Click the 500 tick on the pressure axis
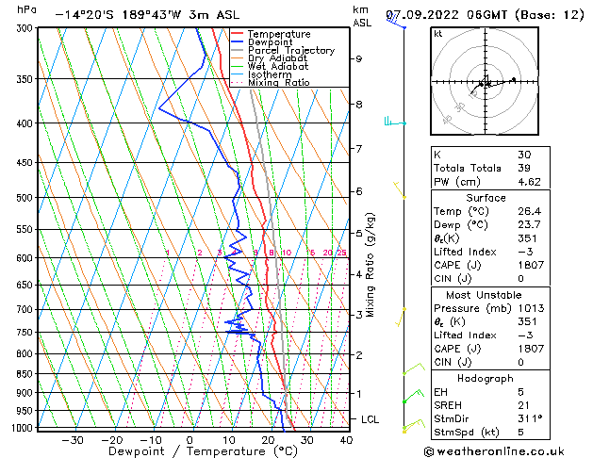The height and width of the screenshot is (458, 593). (27, 198)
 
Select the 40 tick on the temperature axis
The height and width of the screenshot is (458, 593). (346, 440)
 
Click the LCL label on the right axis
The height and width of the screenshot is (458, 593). (371, 418)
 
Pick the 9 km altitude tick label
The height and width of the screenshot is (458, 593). (358, 58)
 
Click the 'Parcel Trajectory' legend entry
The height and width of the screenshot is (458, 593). (290, 50)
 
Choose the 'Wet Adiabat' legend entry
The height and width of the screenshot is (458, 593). (277, 66)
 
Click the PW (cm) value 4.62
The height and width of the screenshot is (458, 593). (527, 182)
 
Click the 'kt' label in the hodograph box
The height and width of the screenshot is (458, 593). (437, 34)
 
